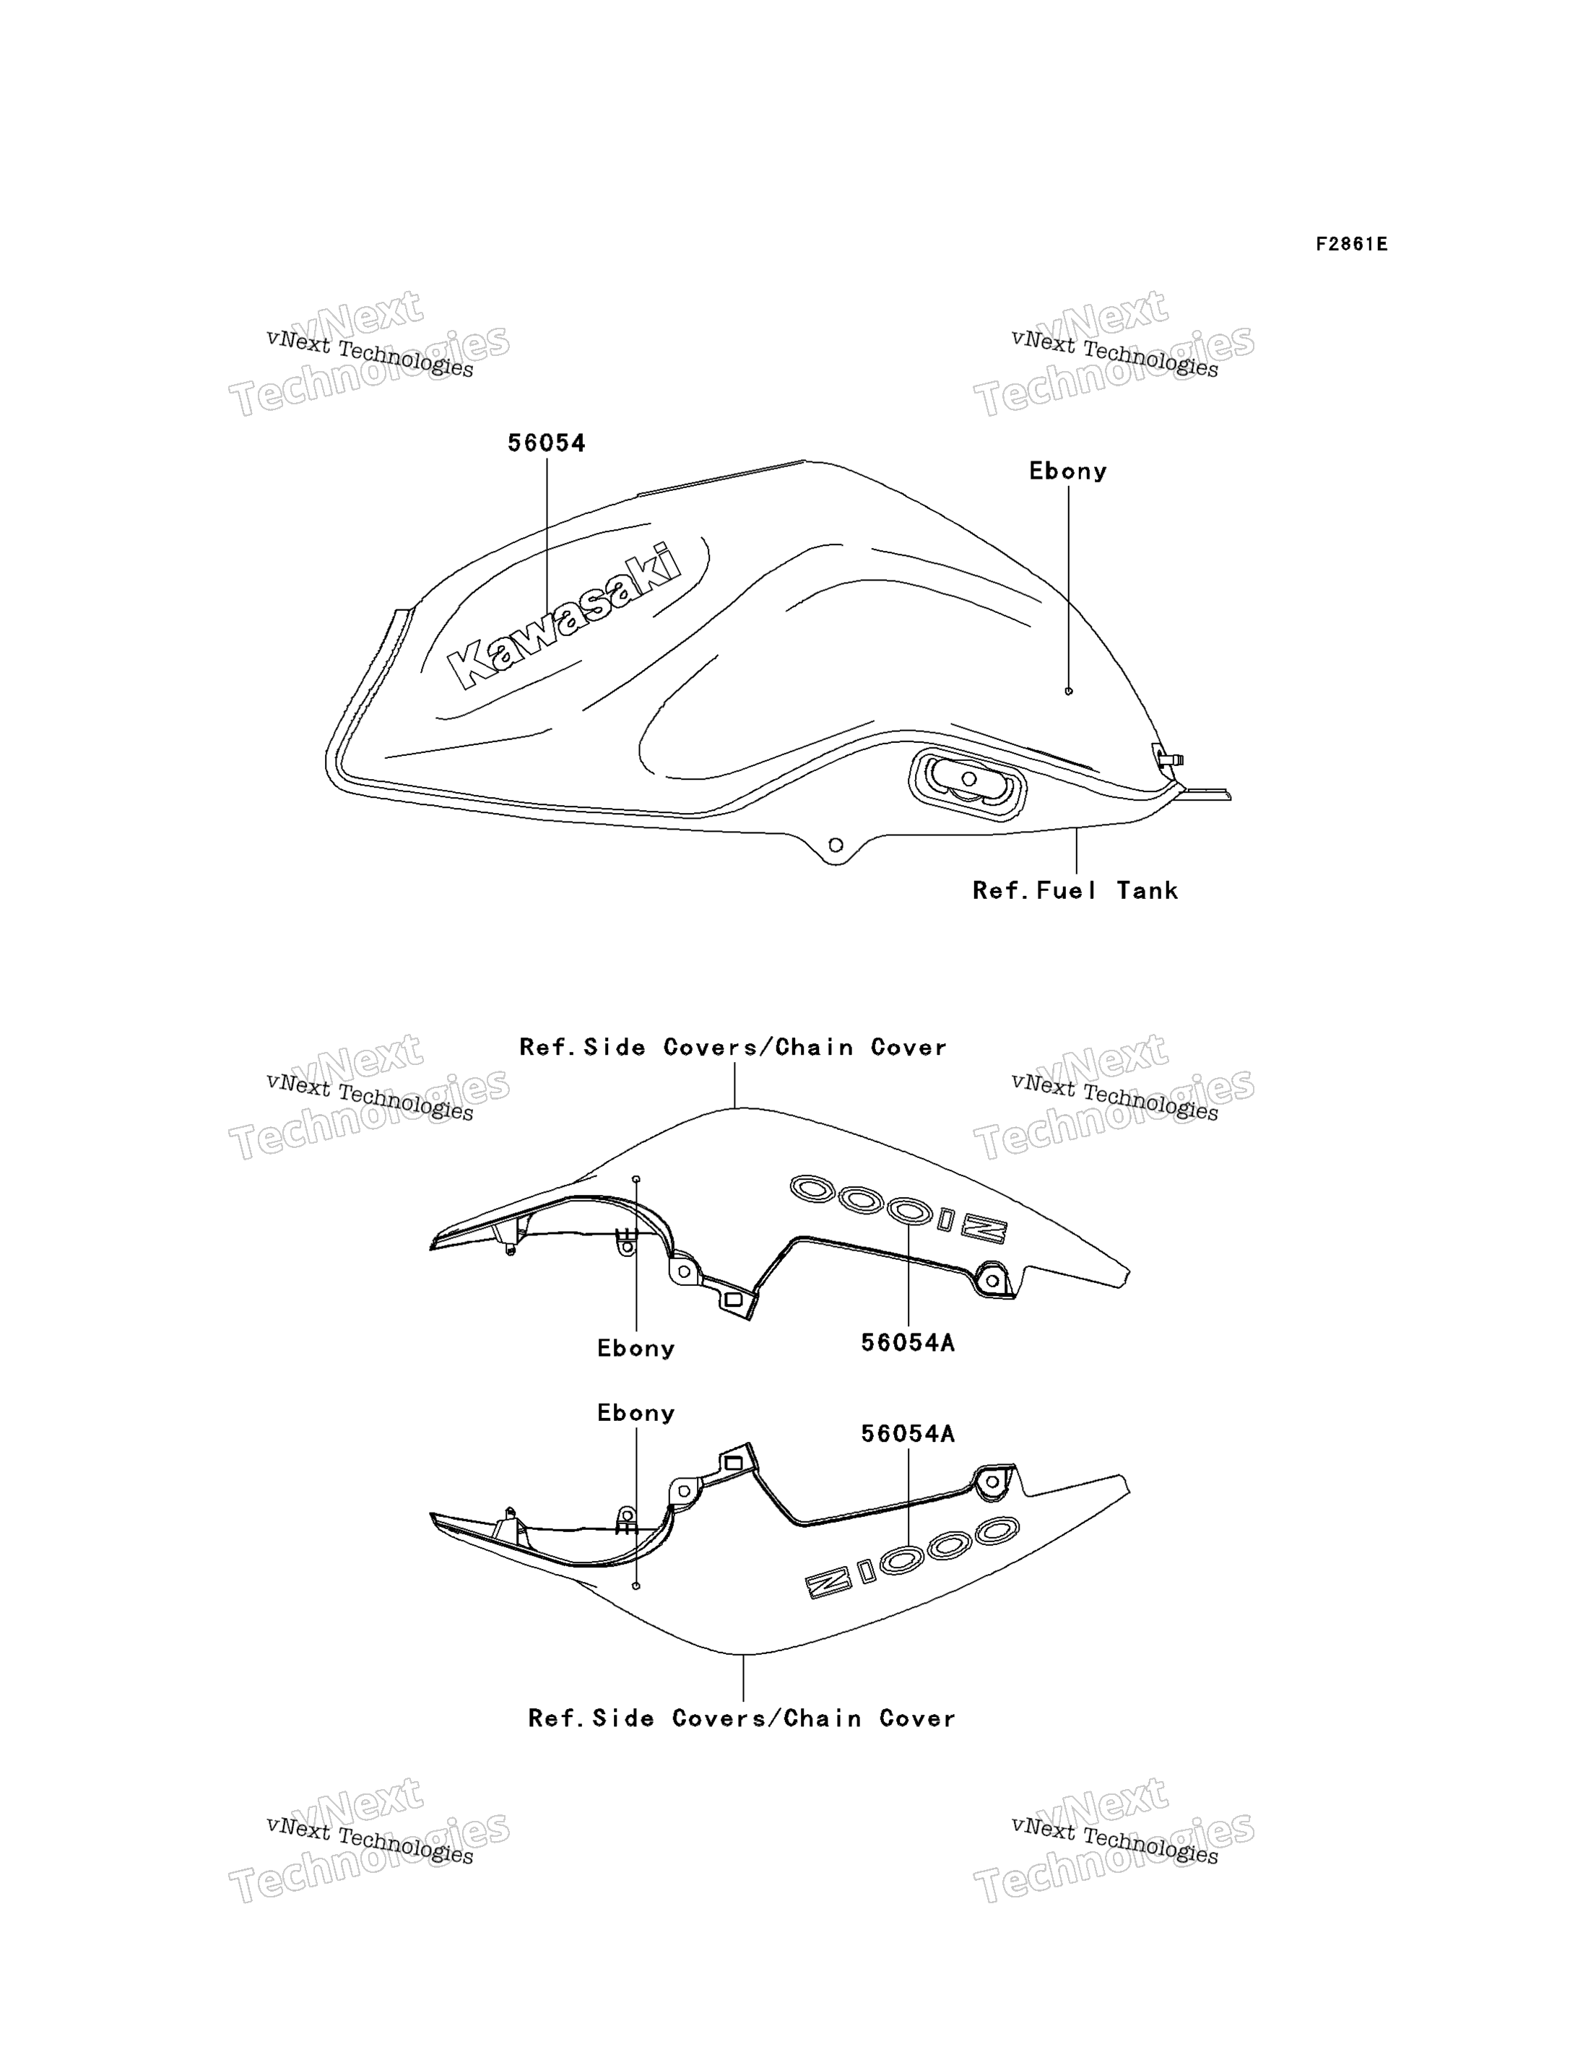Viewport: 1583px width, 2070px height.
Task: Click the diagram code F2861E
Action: pyautogui.click(x=1351, y=244)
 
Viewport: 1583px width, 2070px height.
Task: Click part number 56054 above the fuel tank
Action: pyautogui.click(x=547, y=443)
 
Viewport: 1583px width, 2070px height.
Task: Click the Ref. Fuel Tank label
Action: pyautogui.click(x=1075, y=890)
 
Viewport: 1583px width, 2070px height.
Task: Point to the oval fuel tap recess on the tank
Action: pyautogui.click(x=968, y=785)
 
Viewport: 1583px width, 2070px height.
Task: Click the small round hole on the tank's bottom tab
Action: pyautogui.click(x=835, y=845)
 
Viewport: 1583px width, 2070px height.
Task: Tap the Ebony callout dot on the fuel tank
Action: pyautogui.click(x=1069, y=692)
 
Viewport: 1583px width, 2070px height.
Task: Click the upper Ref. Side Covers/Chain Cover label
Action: pyautogui.click(x=733, y=1047)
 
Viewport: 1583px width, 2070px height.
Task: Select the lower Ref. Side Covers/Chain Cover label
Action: pyautogui.click(x=742, y=1718)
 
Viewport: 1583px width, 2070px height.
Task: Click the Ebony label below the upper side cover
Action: pyautogui.click(x=636, y=1348)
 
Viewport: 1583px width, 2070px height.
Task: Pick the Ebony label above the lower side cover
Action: pyautogui.click(x=636, y=1412)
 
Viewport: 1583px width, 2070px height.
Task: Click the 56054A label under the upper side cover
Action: pyautogui.click(x=907, y=1343)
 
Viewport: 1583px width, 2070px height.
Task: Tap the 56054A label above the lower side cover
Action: pyautogui.click(x=907, y=1433)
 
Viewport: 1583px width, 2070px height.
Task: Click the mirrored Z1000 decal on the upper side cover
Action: pyautogui.click(x=898, y=1208)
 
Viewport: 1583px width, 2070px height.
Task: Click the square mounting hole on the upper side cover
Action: pyautogui.click(x=733, y=1300)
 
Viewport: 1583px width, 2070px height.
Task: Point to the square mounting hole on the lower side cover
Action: pyautogui.click(x=733, y=1464)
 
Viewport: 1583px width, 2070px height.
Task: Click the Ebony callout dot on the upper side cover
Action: pyautogui.click(x=636, y=1179)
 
